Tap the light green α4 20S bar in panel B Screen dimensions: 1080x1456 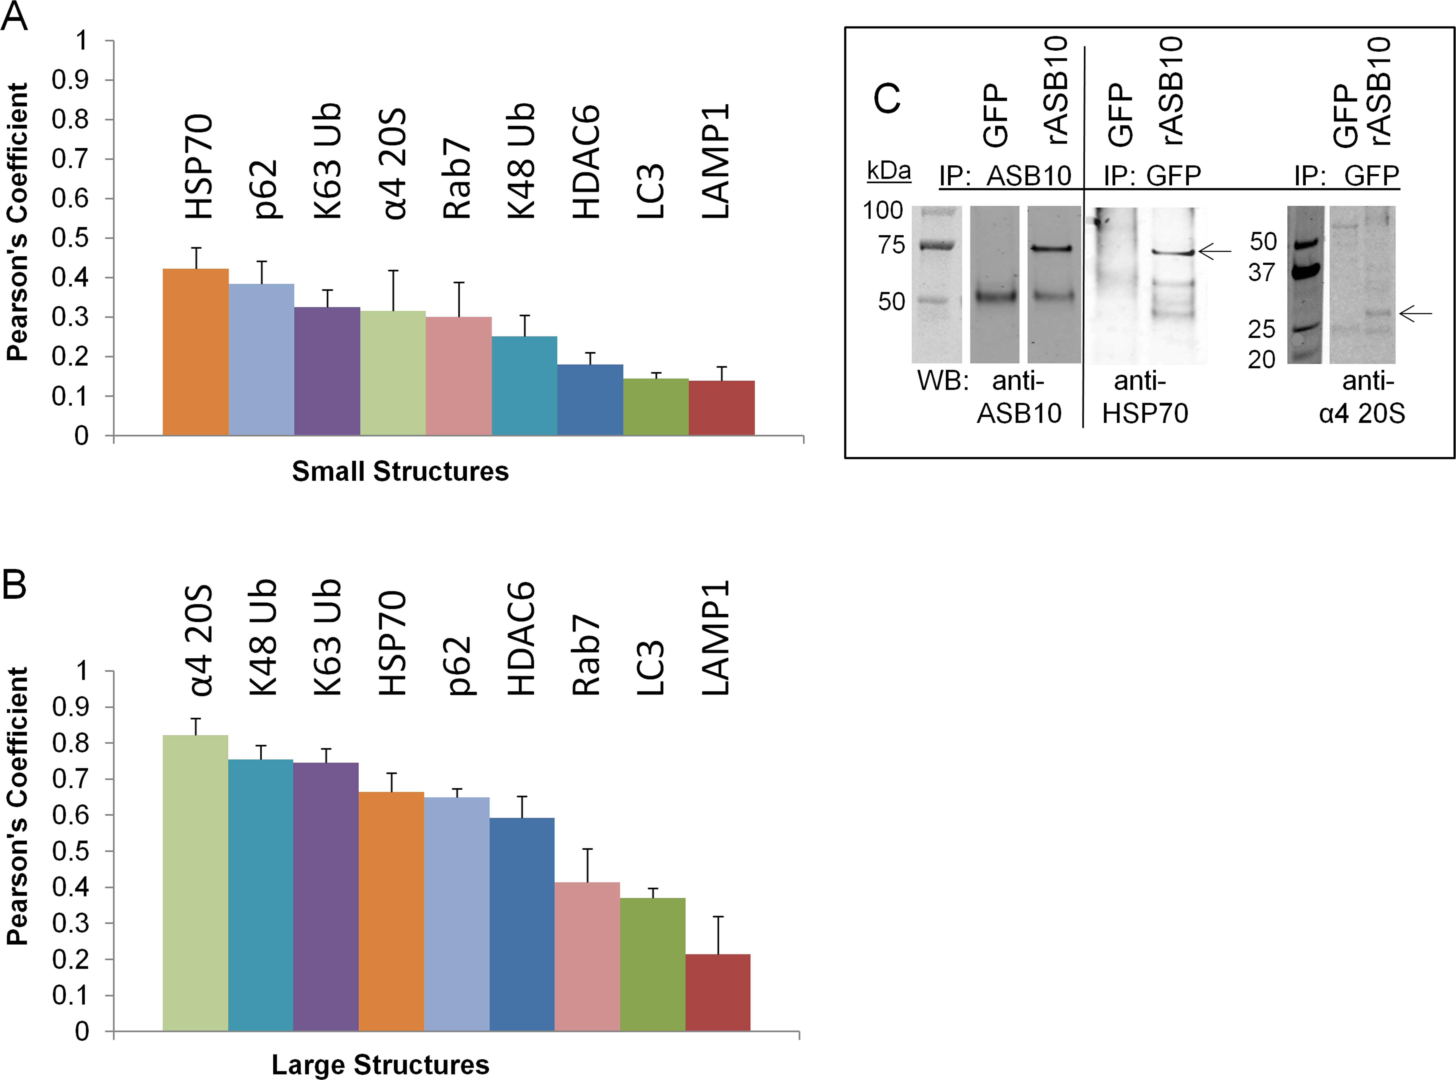(195, 883)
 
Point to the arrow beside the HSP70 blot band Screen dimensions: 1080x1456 (1215, 251)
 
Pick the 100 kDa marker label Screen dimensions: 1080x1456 (883, 210)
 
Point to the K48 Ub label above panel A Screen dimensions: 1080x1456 (521, 161)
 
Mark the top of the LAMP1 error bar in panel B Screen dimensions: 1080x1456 (718, 917)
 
